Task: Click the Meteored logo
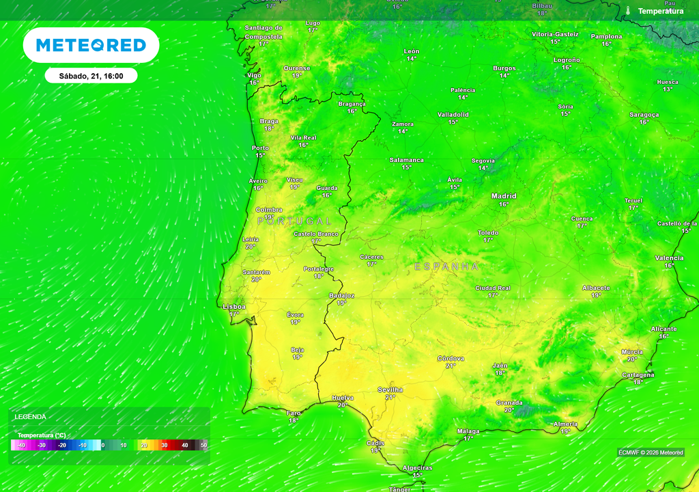pyautogui.click(x=91, y=45)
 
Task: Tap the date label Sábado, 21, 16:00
pyautogui.click(x=91, y=76)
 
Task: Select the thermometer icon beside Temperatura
pyautogui.click(x=627, y=11)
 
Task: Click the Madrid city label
pyautogui.click(x=504, y=196)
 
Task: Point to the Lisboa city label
pyautogui.click(x=234, y=307)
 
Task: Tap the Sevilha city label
pyautogui.click(x=390, y=389)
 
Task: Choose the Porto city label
pyautogui.click(x=260, y=148)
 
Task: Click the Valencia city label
pyautogui.click(x=669, y=258)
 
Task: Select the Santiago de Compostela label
pyautogui.click(x=263, y=32)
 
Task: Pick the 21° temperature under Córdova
pyautogui.click(x=451, y=366)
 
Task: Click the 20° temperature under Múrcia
pyautogui.click(x=632, y=359)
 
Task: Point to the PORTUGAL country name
pyautogui.click(x=295, y=221)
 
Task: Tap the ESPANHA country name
pyautogui.click(x=446, y=266)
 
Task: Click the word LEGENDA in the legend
pyautogui.click(x=31, y=416)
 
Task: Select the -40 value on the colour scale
pyautogui.click(x=21, y=445)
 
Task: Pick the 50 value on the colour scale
pyautogui.click(x=203, y=445)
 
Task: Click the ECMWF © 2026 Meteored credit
pyautogui.click(x=651, y=452)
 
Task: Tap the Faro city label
pyautogui.click(x=294, y=413)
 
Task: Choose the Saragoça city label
pyautogui.click(x=644, y=115)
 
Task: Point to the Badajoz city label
pyautogui.click(x=341, y=295)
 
